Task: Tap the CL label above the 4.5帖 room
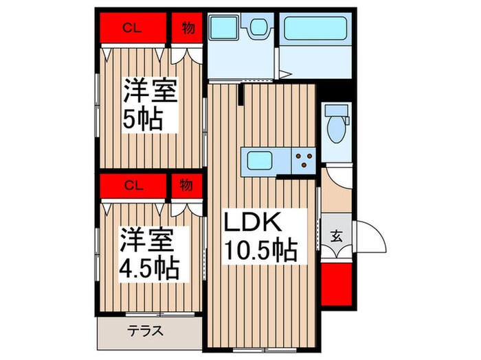coord(133,184)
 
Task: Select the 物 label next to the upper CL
coord(187,28)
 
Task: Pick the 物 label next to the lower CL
coord(186,184)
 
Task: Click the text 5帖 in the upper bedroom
coord(144,121)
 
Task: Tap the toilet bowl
coord(337,127)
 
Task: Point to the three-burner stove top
coord(302,160)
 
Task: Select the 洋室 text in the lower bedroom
coord(146,239)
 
